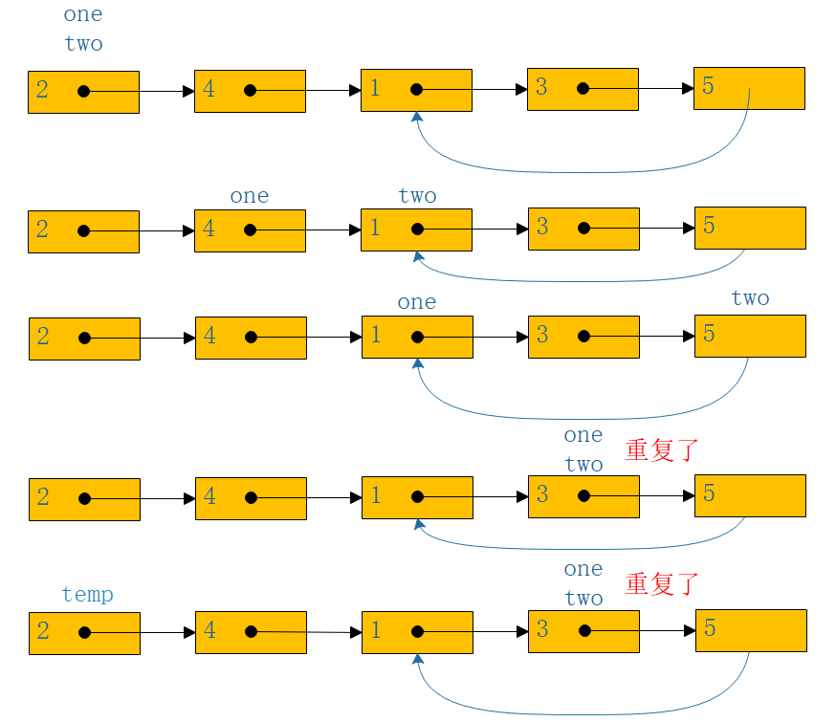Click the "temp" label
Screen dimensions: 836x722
pos(87,595)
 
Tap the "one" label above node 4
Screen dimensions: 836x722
pos(250,196)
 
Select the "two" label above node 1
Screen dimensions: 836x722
pos(417,195)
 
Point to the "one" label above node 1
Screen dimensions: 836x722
pos(417,302)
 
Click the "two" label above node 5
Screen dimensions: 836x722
pos(750,297)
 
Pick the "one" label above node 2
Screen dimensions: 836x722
pos(83,14)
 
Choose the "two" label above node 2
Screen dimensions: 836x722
pos(84,44)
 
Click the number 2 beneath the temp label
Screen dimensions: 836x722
pos(43,631)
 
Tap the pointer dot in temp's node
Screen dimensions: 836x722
pos(84,632)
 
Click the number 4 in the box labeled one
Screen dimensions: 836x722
pos(209,229)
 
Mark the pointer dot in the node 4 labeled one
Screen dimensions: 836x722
pos(250,230)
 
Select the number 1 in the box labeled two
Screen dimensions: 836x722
pos(375,228)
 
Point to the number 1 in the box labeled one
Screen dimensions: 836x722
pos(377,335)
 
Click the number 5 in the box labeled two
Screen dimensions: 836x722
pos(709,334)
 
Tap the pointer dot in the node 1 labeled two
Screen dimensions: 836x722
pos(417,230)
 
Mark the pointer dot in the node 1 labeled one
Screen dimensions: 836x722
pos(417,338)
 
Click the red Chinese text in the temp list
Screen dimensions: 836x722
pos(662,584)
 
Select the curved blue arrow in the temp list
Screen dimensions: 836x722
pos(583,714)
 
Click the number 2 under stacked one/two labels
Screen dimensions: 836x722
pos(42,90)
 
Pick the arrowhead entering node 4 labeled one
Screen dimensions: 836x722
pos(188,230)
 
